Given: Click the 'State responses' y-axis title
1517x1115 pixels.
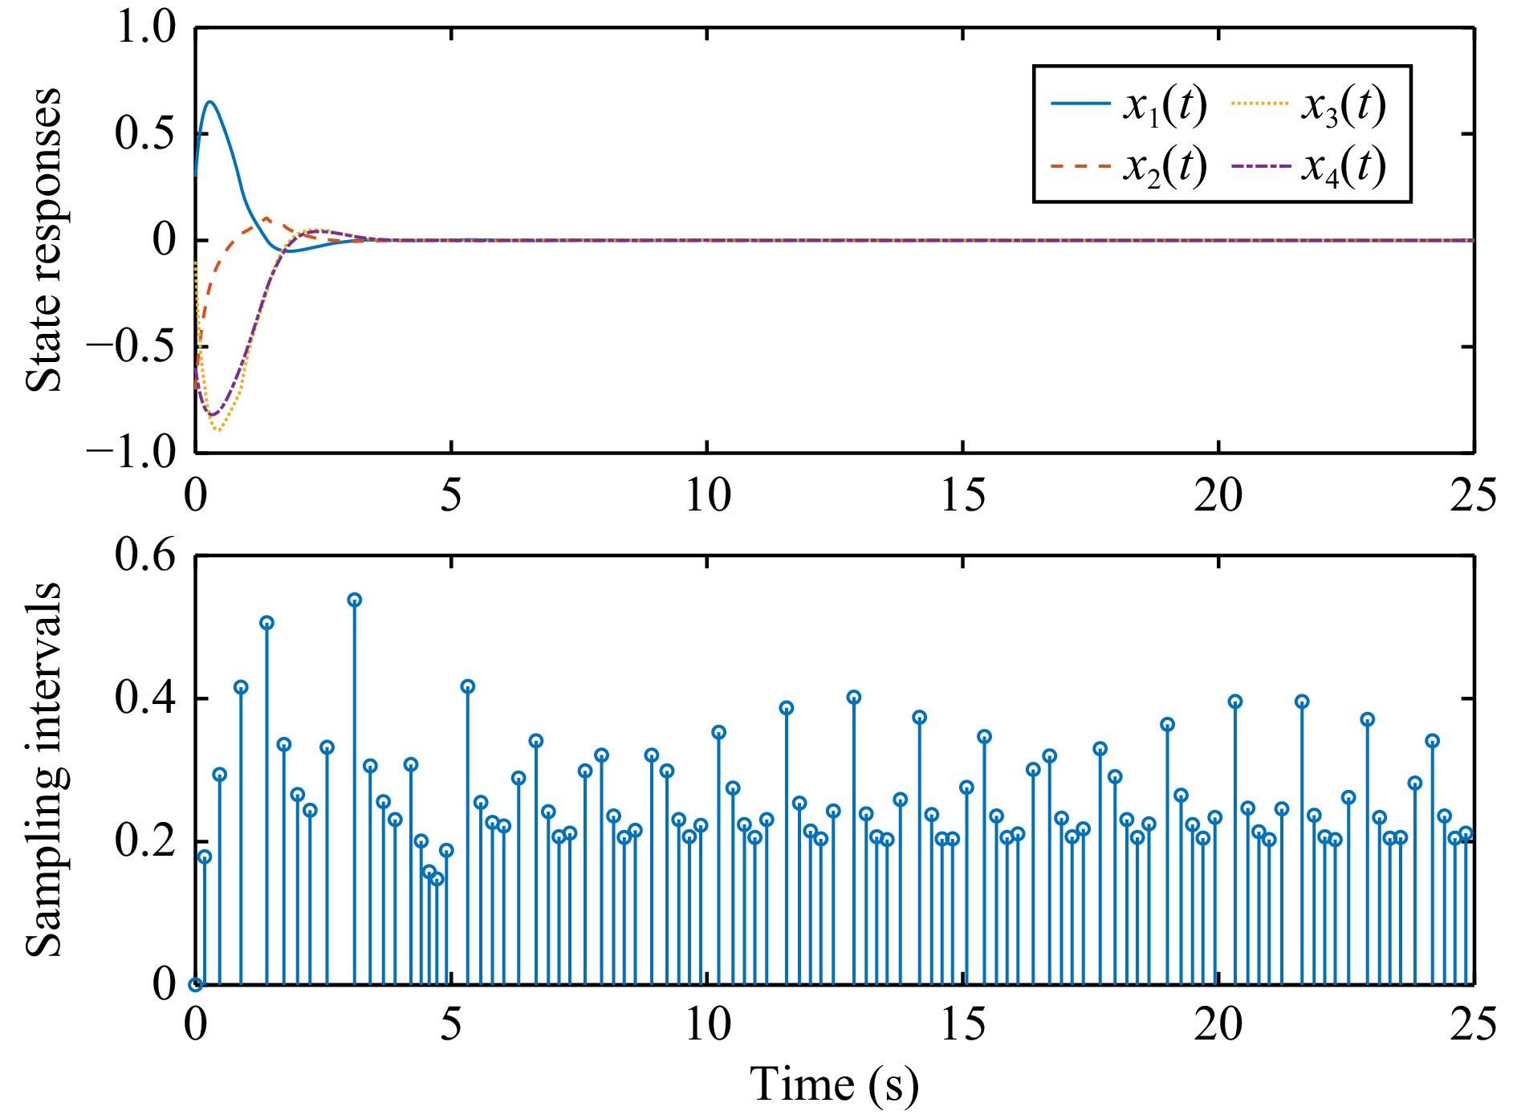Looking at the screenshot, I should coord(43,240).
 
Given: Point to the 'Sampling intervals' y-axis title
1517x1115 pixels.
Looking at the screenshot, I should coord(43,769).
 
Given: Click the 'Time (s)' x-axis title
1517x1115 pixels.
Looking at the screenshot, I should coord(834,1084).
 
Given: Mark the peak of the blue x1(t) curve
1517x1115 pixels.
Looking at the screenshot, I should coord(211,102).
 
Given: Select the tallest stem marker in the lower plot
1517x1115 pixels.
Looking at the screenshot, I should coord(354,600).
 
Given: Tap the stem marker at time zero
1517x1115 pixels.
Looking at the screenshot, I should coord(195,984).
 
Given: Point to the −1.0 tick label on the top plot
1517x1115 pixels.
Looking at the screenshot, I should coord(132,453).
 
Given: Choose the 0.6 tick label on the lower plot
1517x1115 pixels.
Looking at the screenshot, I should coord(145,555).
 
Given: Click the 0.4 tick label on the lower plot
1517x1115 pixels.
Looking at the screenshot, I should coord(145,698).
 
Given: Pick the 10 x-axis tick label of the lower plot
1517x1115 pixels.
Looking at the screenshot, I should coord(707,1025).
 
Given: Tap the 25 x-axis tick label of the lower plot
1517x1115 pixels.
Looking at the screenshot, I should coord(1473,1025).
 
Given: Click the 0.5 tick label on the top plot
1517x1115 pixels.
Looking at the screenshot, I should coord(145,133).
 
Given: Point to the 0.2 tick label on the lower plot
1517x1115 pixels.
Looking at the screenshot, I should coord(145,840).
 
